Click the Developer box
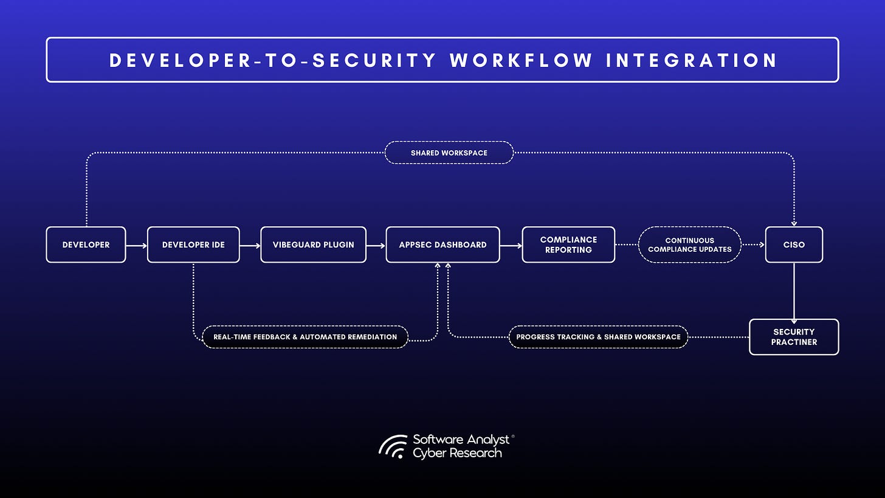[86, 244]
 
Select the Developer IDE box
[193, 244]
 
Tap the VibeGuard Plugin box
[313, 244]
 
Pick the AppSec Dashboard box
[442, 244]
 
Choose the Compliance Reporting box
[568, 244]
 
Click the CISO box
[794, 244]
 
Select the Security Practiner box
[794, 337]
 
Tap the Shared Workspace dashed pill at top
[449, 153]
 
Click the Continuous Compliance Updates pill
[689, 244]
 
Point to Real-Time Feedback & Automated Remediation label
[305, 337]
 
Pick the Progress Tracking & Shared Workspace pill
[598, 337]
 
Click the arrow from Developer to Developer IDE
[136, 246]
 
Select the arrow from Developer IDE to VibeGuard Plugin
[250, 246]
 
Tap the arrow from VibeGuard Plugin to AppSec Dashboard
[376, 246]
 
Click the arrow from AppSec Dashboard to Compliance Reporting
[511, 246]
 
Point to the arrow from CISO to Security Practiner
[794, 291]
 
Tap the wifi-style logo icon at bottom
[393, 446]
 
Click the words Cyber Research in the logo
[457, 453]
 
